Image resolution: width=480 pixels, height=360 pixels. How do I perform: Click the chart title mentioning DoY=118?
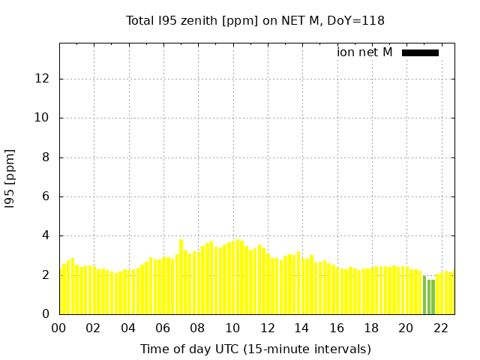point(255,20)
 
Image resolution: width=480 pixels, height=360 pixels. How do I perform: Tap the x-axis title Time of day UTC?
point(255,349)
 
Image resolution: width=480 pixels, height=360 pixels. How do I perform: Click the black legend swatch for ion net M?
point(420,52)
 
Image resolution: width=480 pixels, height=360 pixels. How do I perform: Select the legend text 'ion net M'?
point(364,52)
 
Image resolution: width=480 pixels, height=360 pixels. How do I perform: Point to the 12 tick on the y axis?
point(43,79)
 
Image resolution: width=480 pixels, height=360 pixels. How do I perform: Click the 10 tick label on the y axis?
point(43,118)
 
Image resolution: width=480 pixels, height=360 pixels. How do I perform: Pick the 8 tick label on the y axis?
point(47,157)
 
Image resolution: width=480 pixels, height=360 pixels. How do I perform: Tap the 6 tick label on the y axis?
point(47,196)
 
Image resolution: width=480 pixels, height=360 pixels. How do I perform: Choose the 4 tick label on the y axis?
point(47,235)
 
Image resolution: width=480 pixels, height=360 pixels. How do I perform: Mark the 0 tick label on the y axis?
point(47,314)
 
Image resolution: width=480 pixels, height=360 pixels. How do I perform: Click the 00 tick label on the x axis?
point(59,328)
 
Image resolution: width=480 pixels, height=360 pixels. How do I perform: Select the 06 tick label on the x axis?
point(163,328)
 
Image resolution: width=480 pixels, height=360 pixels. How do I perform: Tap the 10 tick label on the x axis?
point(232,328)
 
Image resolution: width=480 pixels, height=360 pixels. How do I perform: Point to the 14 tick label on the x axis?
point(302,328)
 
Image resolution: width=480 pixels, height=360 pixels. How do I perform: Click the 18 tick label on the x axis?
point(371,328)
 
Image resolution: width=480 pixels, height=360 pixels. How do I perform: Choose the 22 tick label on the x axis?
point(441,328)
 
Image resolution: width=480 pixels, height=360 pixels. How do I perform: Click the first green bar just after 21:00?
point(424,295)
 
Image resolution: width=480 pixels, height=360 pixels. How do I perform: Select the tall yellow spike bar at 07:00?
point(181,276)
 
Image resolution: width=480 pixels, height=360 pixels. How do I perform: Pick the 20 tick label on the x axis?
point(406,328)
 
